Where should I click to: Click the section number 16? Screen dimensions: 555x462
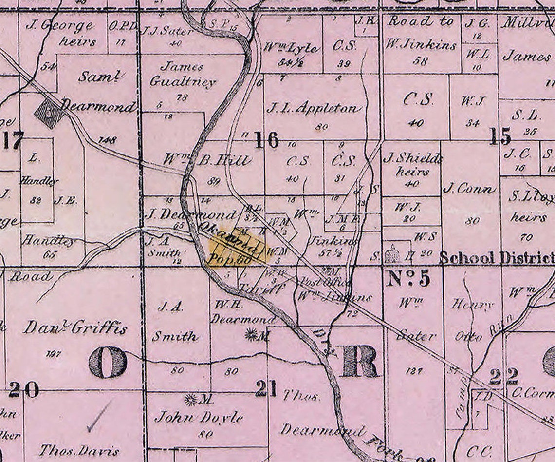pos(267,140)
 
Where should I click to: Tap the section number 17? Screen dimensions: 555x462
pos(13,140)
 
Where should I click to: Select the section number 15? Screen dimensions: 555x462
pos(500,137)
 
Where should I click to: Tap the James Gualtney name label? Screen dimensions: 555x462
pos(182,74)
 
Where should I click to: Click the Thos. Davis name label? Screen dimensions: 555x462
pos(79,449)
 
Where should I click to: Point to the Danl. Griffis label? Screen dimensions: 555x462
pos(75,328)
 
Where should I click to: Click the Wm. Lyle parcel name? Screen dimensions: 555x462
pos(291,48)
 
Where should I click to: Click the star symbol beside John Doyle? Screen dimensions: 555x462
pos(190,400)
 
